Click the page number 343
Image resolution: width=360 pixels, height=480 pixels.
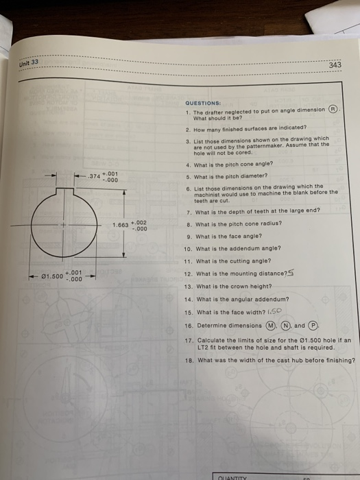coord(335,65)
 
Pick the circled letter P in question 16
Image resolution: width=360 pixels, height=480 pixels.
coord(312,326)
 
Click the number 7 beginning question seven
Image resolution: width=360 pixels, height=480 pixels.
coord(188,211)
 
